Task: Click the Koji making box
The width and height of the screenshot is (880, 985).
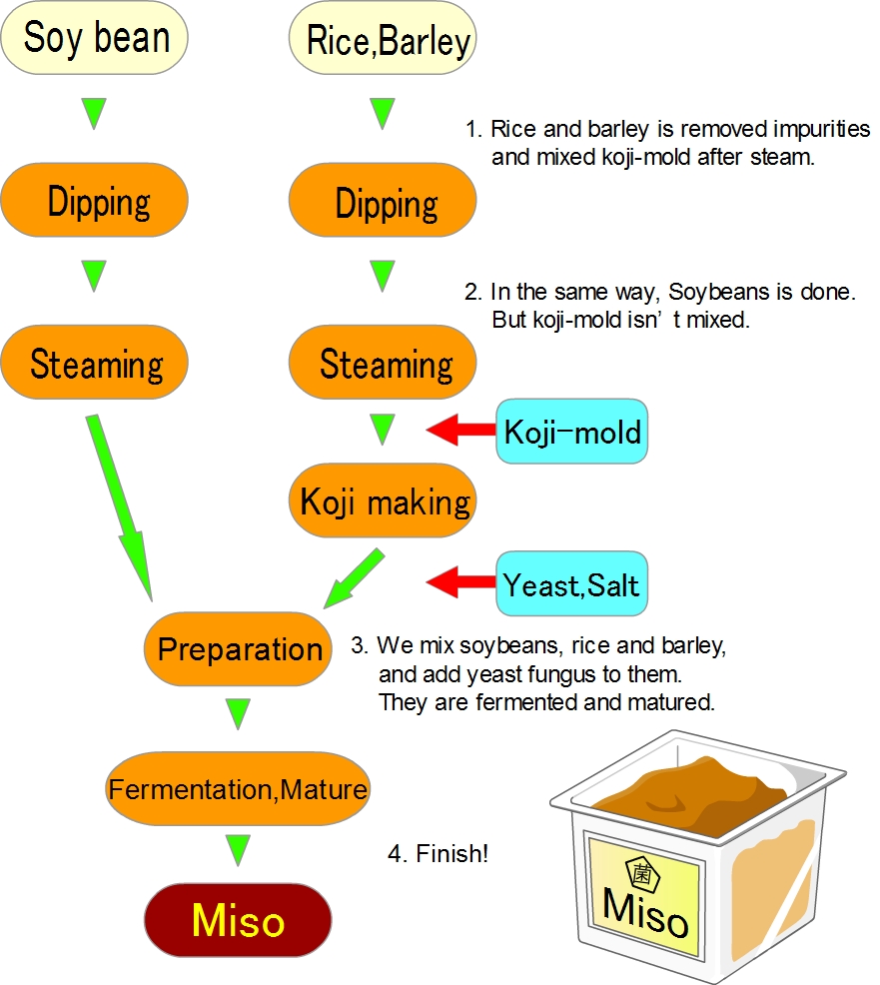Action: tap(383, 500)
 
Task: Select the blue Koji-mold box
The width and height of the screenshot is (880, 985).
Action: tap(571, 433)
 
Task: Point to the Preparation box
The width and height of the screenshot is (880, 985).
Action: tap(239, 649)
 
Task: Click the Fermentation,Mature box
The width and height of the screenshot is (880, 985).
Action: tap(237, 789)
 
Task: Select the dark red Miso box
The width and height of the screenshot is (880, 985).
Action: tap(237, 920)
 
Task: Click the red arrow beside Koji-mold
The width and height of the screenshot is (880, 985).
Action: tap(461, 431)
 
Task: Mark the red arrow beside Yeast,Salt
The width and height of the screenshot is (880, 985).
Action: tap(461, 581)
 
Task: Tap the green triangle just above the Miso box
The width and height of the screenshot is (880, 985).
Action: tap(237, 849)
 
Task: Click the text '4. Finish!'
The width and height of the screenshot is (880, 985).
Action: tap(438, 854)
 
